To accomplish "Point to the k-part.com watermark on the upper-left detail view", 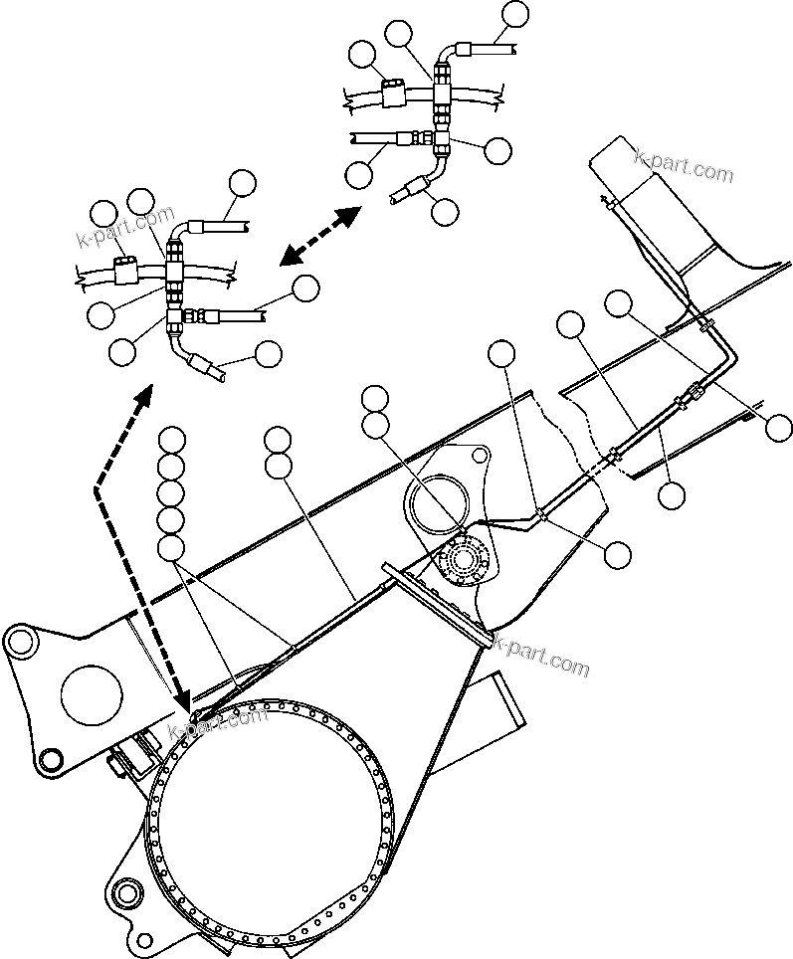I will [x=125, y=228].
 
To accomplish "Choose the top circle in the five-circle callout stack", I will [x=172, y=439].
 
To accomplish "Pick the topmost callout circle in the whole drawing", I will [x=515, y=14].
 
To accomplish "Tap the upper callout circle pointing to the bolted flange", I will [x=375, y=399].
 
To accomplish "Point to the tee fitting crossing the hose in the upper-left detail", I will [x=175, y=269].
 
